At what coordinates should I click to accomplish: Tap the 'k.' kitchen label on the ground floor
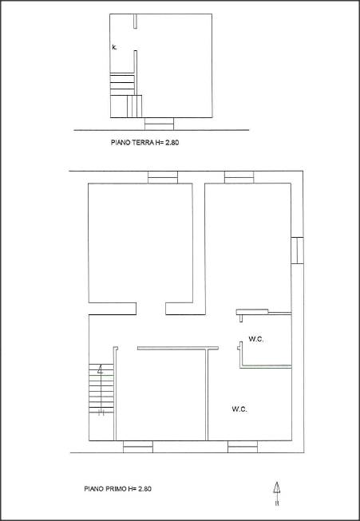pyautogui.click(x=114, y=48)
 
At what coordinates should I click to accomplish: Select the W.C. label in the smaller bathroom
pyautogui.click(x=256, y=339)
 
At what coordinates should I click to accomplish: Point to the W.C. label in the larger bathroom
pyautogui.click(x=239, y=409)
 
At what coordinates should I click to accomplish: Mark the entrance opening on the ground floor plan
pyautogui.click(x=159, y=124)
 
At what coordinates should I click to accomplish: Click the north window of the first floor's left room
pyautogui.click(x=163, y=177)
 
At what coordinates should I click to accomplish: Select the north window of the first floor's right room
pyautogui.click(x=239, y=177)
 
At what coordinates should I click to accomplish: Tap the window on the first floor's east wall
pyautogui.click(x=297, y=251)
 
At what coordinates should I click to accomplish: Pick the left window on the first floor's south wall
pyautogui.click(x=138, y=447)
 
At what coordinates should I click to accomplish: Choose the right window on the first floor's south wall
pyautogui.click(x=243, y=447)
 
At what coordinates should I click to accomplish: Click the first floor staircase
pyautogui.click(x=101, y=388)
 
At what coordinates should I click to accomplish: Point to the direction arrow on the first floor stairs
pyautogui.click(x=101, y=369)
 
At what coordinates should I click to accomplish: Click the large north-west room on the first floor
pyautogui.click(x=140, y=243)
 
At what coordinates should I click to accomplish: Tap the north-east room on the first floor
pyautogui.click(x=248, y=247)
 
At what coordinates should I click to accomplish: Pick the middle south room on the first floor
pyautogui.click(x=161, y=395)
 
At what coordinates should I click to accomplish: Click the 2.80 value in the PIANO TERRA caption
pyautogui.click(x=172, y=143)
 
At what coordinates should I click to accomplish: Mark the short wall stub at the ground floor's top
pyautogui.click(x=135, y=22)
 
